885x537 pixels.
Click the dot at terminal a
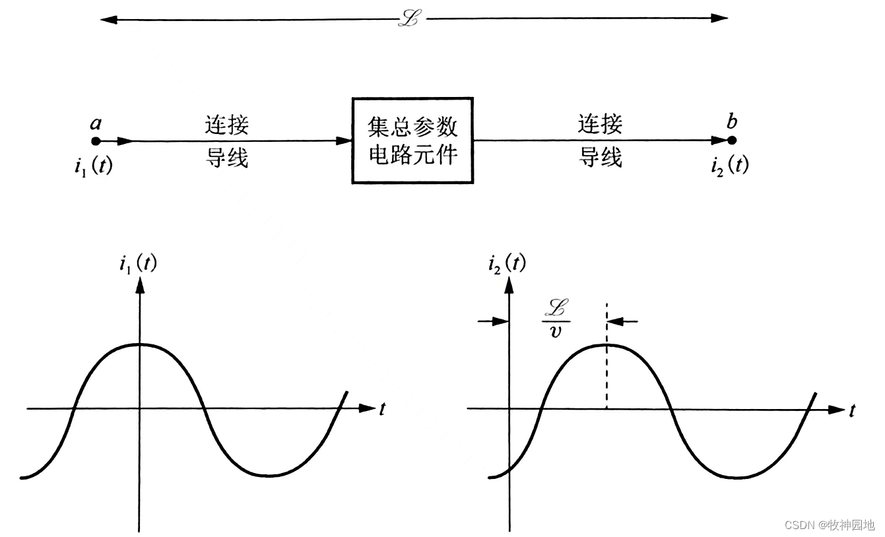(96, 141)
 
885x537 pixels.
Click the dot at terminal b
(731, 141)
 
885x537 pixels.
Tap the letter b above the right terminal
(731, 121)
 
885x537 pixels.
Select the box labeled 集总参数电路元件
(412, 141)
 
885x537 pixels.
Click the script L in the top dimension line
(410, 18)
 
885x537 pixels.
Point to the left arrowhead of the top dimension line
(109, 19)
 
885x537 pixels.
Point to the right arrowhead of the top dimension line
(720, 18)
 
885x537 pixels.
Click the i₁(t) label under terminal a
(93, 166)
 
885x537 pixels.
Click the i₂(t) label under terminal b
(730, 165)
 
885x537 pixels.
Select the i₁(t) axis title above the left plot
(138, 265)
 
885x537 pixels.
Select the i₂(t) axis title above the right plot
(507, 264)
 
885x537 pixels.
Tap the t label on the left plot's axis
(382, 409)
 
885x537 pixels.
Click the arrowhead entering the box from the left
(343, 141)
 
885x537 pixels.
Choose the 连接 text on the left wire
(227, 125)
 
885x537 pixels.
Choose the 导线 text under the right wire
(601, 158)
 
